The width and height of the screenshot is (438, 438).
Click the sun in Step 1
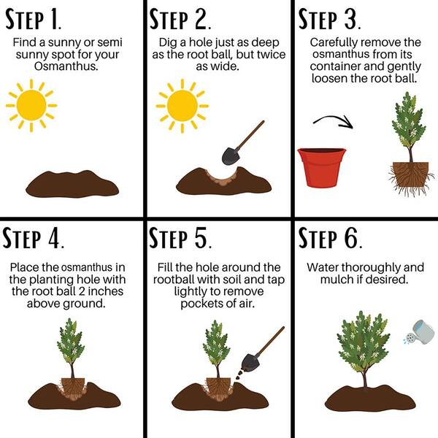tap(31, 106)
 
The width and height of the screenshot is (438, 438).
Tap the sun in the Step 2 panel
tap(182, 106)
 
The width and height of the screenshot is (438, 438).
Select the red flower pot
tap(321, 167)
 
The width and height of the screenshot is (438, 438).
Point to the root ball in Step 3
tap(410, 176)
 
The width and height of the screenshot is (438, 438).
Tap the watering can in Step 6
tap(419, 332)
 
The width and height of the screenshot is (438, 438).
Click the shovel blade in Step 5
tap(250, 362)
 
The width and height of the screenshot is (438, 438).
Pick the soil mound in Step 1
tap(72, 184)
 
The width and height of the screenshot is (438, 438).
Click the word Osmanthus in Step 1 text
tap(66, 66)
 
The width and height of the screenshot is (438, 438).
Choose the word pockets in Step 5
tap(200, 304)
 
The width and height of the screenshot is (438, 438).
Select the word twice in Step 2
tap(272, 55)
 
